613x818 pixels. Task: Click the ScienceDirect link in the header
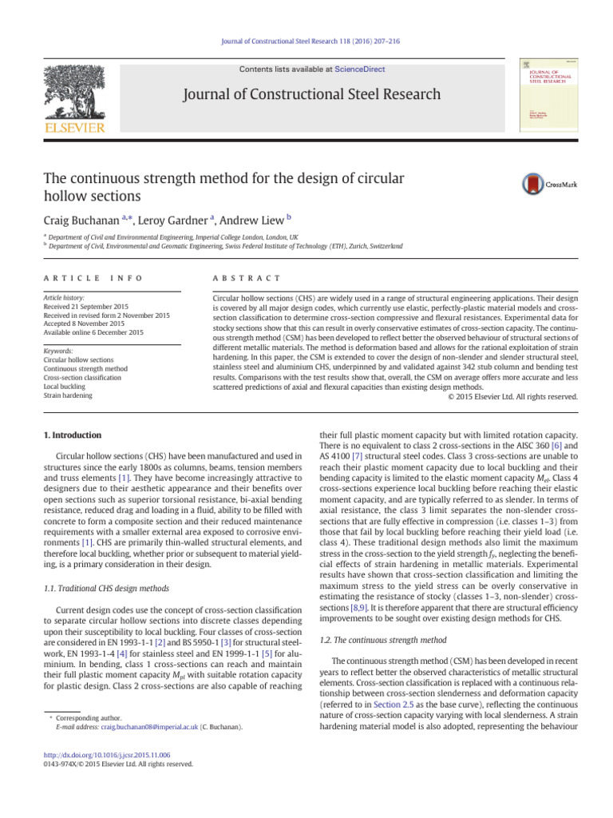pos(359,69)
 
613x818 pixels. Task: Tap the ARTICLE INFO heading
pos(93,278)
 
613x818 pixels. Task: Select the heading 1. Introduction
pos(73,435)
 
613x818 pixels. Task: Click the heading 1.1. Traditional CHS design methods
pos(105,566)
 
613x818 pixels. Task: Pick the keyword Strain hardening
pos(69,395)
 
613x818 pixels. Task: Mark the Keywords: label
pos(58,351)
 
